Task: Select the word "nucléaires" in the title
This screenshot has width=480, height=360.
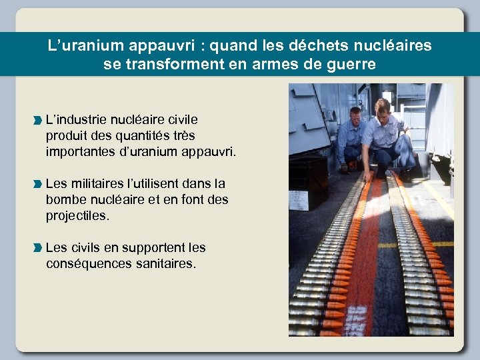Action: (x=393, y=46)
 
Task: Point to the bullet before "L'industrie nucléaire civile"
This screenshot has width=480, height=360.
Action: (x=37, y=121)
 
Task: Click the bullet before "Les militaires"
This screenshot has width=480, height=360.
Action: (x=37, y=184)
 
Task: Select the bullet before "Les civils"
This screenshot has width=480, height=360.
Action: (x=37, y=248)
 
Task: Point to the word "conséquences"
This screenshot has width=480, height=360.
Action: (x=87, y=264)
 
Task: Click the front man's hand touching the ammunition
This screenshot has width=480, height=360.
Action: (x=367, y=177)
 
